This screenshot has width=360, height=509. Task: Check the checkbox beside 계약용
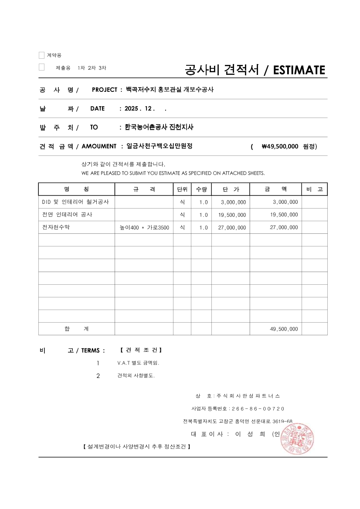pos(41,55)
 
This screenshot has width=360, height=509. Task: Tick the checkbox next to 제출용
pos(41,67)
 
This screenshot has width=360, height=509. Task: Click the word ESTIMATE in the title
pos(299,70)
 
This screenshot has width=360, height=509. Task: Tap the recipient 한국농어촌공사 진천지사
pos(159,127)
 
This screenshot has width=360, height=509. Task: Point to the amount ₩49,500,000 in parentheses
pos(280,146)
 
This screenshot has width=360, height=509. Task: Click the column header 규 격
pos(143,189)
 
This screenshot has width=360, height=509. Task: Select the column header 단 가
pos(231,189)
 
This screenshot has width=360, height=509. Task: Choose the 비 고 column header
pos(314,189)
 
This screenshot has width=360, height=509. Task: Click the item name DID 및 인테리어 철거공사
pos(75,202)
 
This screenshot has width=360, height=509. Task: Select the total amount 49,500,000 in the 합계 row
pos(284,329)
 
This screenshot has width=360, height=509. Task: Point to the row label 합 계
pos(76,329)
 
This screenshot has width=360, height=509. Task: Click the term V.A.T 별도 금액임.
pos(141,363)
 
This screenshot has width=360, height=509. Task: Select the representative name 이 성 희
pos(250,434)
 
